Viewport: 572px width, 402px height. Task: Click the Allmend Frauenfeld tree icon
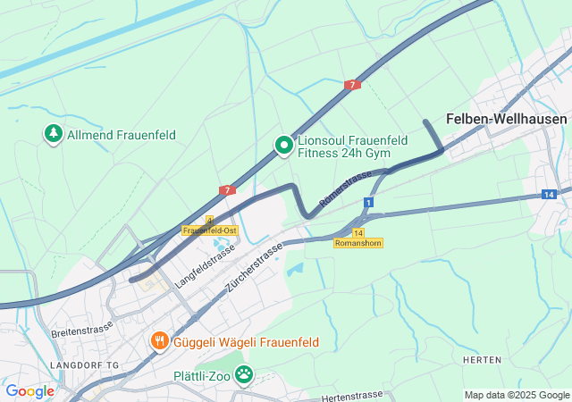(54, 134)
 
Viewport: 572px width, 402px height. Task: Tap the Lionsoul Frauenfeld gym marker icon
(284, 145)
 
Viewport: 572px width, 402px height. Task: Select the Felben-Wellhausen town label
(507, 119)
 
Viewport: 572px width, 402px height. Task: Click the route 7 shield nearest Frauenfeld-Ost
(228, 190)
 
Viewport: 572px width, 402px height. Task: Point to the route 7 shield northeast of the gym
(352, 85)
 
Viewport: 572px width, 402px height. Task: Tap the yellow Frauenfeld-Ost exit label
(209, 230)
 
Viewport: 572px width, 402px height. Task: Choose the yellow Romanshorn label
(358, 243)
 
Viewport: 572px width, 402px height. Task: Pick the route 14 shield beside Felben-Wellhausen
(548, 194)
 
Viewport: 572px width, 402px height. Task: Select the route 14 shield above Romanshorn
(357, 232)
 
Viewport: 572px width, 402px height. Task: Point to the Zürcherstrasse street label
(256, 267)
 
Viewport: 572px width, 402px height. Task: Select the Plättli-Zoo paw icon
(243, 373)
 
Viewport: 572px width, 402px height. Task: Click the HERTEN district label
(482, 359)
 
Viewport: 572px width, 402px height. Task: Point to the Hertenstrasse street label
(351, 396)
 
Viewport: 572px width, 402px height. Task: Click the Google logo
(29, 390)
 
